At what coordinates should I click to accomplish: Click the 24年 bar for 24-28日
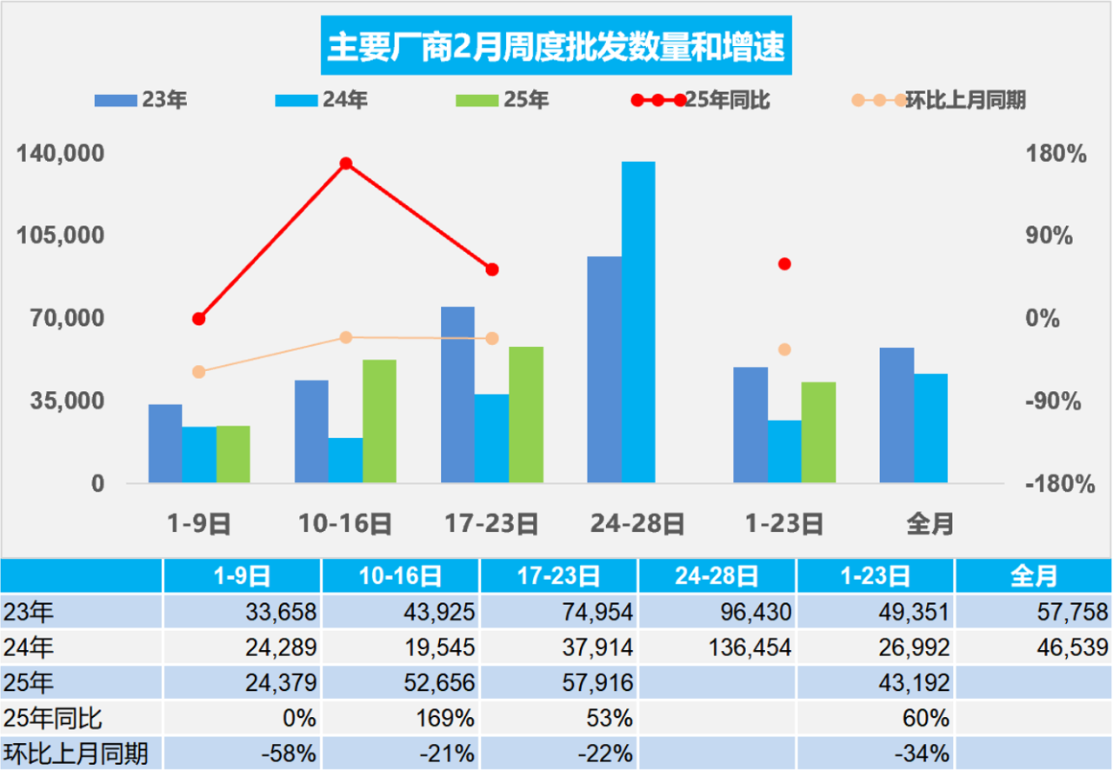click(x=638, y=322)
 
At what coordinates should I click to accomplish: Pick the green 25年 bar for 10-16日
click(x=379, y=421)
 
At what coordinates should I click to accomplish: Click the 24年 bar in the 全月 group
click(x=930, y=428)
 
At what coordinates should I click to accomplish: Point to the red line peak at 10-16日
click(x=345, y=163)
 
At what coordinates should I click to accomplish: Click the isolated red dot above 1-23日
click(x=784, y=263)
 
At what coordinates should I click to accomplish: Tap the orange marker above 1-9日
click(x=198, y=372)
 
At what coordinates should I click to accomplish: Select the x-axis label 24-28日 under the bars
click(x=637, y=524)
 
